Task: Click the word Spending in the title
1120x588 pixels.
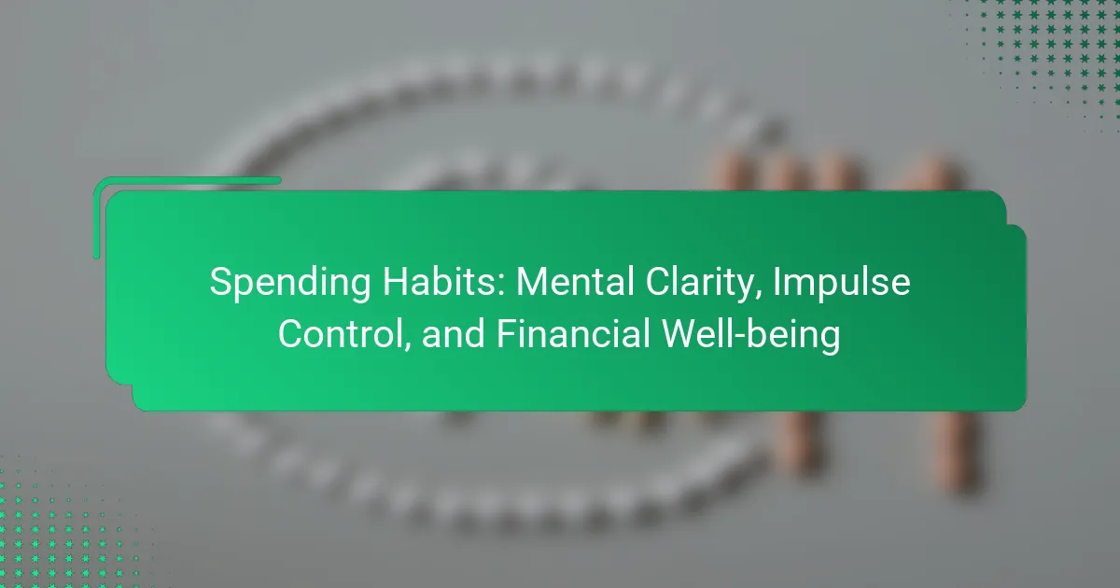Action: [x=290, y=283]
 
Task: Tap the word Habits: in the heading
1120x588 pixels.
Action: [x=444, y=282]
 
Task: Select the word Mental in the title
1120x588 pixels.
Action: [x=576, y=282]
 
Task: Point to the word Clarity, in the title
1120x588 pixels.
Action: [x=704, y=284]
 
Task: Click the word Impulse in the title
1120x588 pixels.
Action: [x=842, y=284]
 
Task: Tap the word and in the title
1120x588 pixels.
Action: [x=454, y=334]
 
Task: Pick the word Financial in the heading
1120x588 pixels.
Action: [x=573, y=333]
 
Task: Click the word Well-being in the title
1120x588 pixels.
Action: [x=751, y=336]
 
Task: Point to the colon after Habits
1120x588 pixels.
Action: [x=501, y=287]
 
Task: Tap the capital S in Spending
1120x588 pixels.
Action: [x=220, y=282]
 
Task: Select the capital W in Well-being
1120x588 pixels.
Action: [x=681, y=333]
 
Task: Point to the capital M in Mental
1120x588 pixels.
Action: [x=532, y=282]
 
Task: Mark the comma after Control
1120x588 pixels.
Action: [x=407, y=347]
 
